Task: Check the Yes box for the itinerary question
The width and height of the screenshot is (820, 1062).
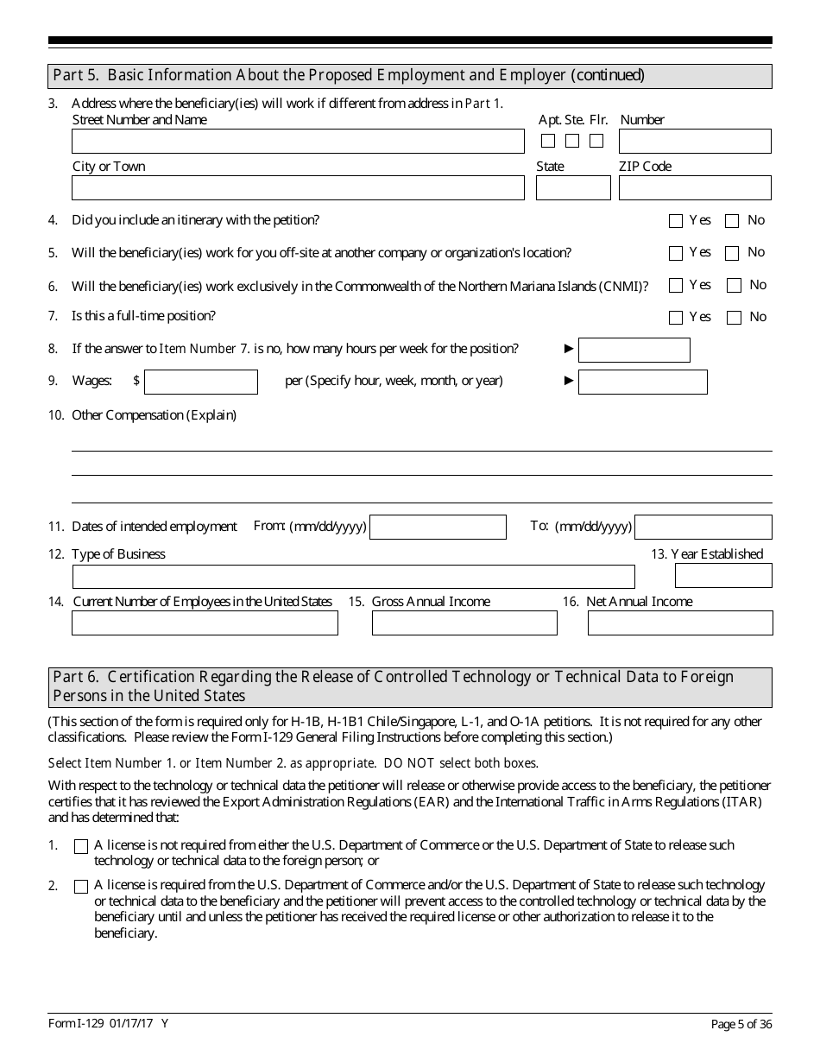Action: pyautogui.click(x=676, y=221)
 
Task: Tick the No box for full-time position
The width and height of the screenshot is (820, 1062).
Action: pyautogui.click(x=735, y=318)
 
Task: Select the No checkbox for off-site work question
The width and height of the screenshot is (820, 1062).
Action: pyautogui.click(x=732, y=254)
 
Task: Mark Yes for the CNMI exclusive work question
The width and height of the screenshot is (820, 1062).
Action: pyautogui.click(x=676, y=286)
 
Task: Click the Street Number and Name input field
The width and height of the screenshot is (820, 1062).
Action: pyautogui.click(x=298, y=142)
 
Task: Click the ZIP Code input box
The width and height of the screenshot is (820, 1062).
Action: pyautogui.click(x=695, y=188)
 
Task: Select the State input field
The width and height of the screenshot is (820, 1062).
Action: pyautogui.click(x=573, y=188)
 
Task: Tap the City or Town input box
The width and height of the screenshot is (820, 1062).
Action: pyautogui.click(x=298, y=188)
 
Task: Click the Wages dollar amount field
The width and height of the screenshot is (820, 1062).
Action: pyautogui.click(x=201, y=382)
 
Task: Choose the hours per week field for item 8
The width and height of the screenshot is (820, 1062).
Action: pyautogui.click(x=634, y=350)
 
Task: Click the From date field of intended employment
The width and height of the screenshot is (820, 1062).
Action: pyautogui.click(x=438, y=528)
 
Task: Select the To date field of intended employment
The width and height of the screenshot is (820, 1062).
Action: pyautogui.click(x=703, y=528)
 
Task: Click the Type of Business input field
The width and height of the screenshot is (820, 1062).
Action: pyautogui.click(x=353, y=577)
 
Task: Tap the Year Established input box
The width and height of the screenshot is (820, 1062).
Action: pyautogui.click(x=723, y=576)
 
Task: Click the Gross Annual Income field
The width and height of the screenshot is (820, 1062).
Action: pyautogui.click(x=464, y=623)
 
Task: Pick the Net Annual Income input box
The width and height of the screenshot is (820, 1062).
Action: pyautogui.click(x=680, y=623)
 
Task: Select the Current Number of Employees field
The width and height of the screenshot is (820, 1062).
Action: pyautogui.click(x=205, y=623)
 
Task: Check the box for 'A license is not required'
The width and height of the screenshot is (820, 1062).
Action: pyautogui.click(x=81, y=847)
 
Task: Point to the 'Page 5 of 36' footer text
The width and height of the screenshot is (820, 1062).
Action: pyautogui.click(x=741, y=1024)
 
